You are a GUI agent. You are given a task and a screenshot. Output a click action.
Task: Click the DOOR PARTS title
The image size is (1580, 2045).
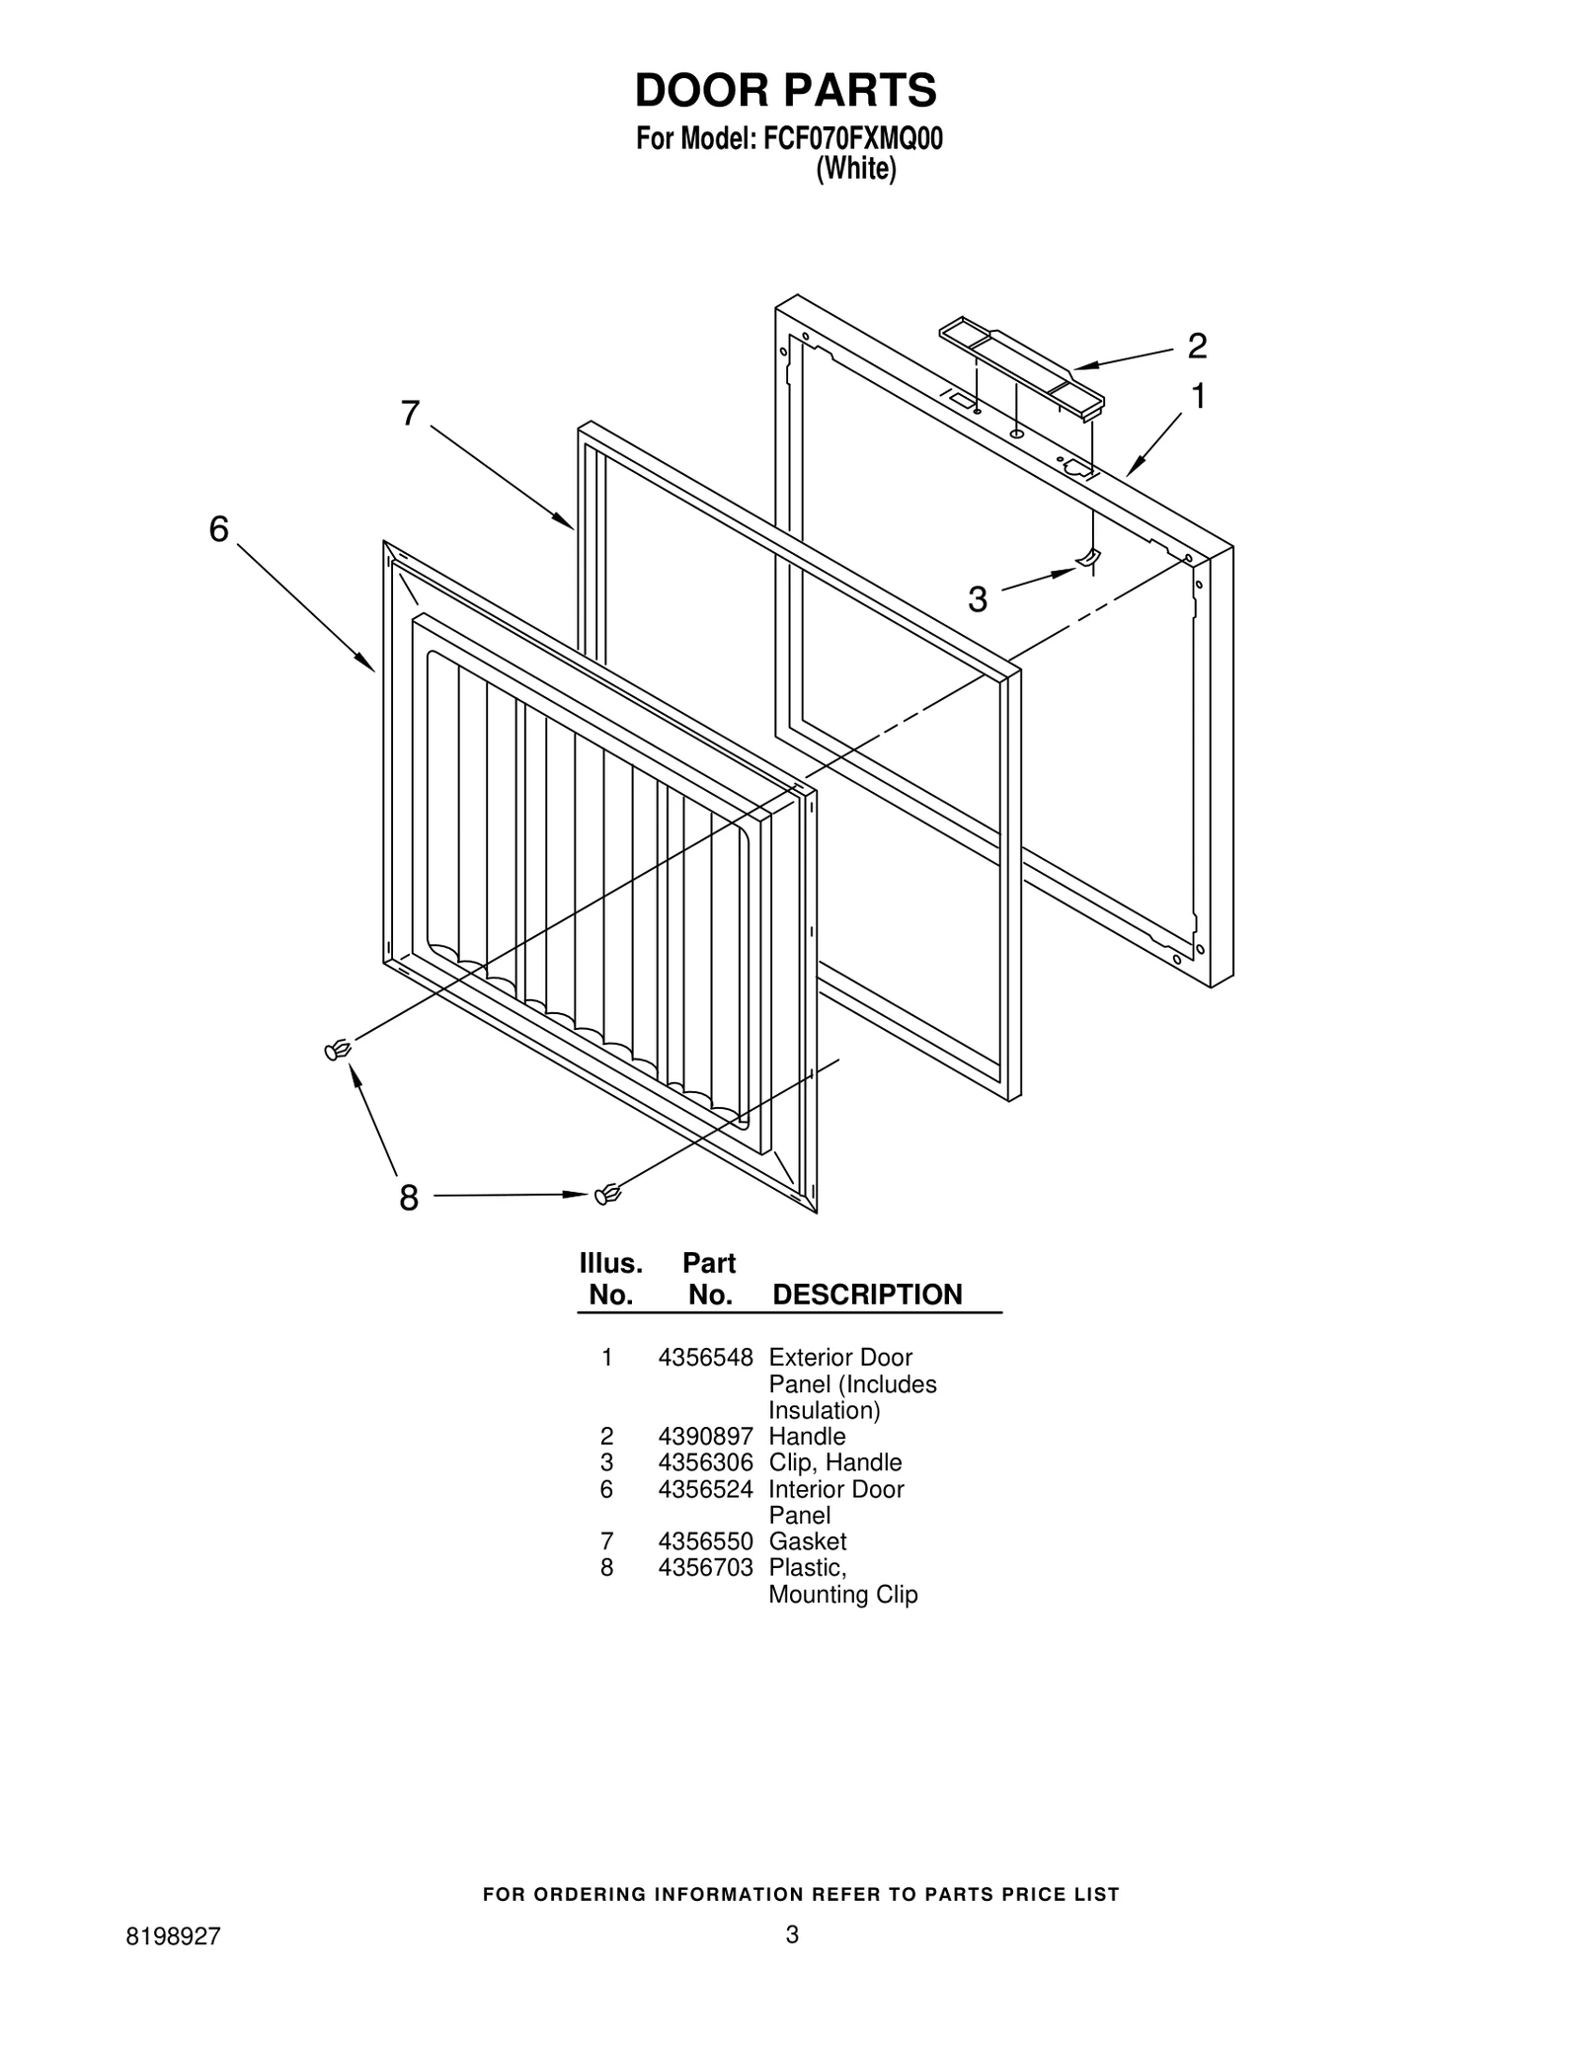coord(785,90)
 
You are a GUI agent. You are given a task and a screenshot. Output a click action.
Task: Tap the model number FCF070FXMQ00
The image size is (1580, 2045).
coord(852,139)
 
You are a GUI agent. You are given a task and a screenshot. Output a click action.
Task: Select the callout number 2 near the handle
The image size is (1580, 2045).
coord(1197,347)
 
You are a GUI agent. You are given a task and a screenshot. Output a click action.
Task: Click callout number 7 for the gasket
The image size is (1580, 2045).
coord(410,414)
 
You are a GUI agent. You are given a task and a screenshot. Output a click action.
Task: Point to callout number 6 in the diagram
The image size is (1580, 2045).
coord(218,530)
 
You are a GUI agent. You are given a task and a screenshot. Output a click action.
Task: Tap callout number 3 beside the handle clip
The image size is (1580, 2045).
coord(977,599)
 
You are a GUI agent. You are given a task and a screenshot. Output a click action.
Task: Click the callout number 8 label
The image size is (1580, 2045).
coord(409,1199)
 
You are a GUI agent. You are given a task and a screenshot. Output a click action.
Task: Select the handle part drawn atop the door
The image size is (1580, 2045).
coord(1021,364)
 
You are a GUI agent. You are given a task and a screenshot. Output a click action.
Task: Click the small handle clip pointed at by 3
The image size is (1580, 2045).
coord(1087,560)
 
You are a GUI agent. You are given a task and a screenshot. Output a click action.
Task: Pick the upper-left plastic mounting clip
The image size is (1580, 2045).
coord(338,1050)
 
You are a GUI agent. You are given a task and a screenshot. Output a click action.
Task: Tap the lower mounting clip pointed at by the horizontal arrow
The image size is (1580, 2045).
coord(607,1195)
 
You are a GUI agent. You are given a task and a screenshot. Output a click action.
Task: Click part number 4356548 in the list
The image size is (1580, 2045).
coord(705,1358)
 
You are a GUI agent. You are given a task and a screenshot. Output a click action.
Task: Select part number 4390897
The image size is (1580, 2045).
coord(705,1437)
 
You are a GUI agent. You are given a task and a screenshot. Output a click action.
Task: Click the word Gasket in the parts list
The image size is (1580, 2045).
coord(807,1541)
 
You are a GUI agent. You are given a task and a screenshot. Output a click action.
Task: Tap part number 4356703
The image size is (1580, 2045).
coord(705,1568)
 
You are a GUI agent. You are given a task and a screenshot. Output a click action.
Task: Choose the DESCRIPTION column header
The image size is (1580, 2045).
coord(866,1295)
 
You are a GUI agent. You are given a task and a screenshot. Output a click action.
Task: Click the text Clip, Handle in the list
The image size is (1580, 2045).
coord(834,1462)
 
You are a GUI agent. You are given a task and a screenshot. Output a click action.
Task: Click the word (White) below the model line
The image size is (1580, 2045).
coord(855,170)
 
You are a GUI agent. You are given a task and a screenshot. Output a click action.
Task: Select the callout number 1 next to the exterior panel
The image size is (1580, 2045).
coord(1198,397)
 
